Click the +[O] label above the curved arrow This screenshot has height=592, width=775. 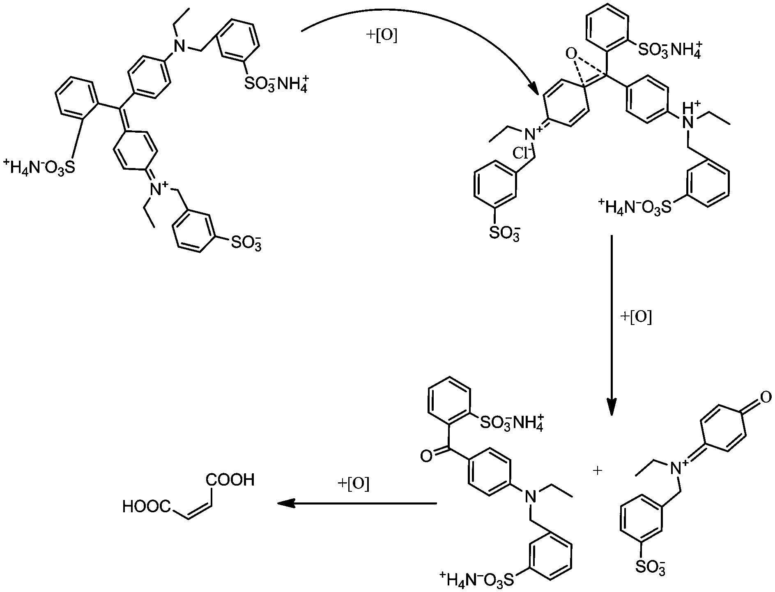click(381, 37)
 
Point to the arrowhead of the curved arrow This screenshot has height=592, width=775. click(533, 89)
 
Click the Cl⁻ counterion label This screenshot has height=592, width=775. click(522, 154)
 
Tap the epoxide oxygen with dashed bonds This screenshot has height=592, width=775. click(570, 53)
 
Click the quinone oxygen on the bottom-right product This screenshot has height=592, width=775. click(765, 397)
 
